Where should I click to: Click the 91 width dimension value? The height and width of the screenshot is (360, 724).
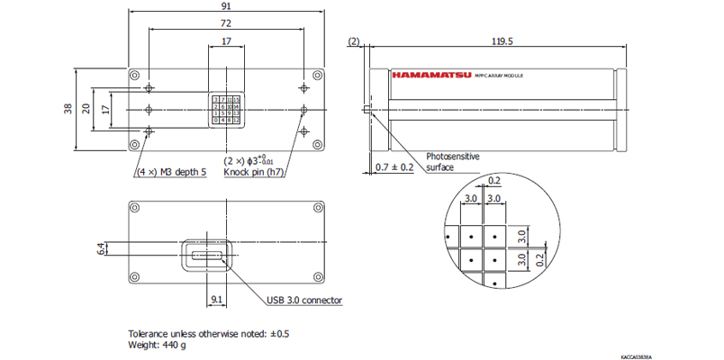pos(225,6)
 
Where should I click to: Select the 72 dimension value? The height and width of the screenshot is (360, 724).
pos(225,23)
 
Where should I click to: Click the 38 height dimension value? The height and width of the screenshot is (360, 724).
pos(68,108)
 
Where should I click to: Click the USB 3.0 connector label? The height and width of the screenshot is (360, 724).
pos(304,301)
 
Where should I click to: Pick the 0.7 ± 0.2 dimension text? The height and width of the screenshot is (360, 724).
pos(394,167)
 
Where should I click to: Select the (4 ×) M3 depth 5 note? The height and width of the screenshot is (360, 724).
pos(172,171)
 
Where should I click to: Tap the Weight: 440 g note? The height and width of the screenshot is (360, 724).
pos(158,345)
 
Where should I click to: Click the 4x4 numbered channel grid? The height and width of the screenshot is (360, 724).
pos(225,108)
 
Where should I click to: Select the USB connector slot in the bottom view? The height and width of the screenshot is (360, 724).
pos(209,256)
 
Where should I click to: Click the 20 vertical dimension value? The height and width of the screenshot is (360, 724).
pos(86,108)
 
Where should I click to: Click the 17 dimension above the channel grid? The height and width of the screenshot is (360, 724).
pos(225,41)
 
